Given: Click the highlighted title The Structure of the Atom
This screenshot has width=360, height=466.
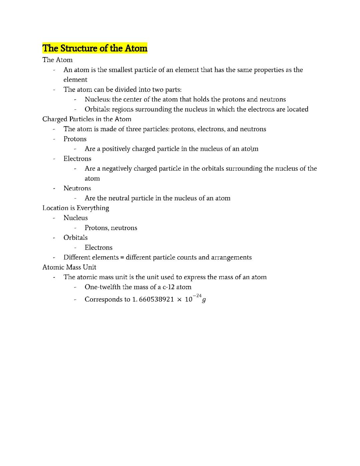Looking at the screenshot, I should (95, 48).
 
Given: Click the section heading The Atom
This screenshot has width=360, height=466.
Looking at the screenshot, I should (57, 60).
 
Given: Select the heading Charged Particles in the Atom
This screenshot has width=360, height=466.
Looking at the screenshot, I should (87, 119).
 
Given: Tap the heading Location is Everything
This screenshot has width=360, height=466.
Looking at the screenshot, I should (76, 208).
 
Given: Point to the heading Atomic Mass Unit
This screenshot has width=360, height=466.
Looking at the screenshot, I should (69, 267).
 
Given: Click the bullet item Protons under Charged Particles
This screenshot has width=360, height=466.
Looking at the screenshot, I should (75, 139).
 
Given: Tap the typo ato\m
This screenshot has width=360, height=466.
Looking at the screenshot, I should (250, 149).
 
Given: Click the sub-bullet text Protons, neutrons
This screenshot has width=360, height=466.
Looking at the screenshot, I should (111, 228).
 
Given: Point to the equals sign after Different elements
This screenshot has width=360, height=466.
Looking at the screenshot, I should (122, 258).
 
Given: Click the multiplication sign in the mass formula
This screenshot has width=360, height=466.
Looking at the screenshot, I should (179, 300).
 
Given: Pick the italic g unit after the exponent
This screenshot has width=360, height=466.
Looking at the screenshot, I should (204, 300).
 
